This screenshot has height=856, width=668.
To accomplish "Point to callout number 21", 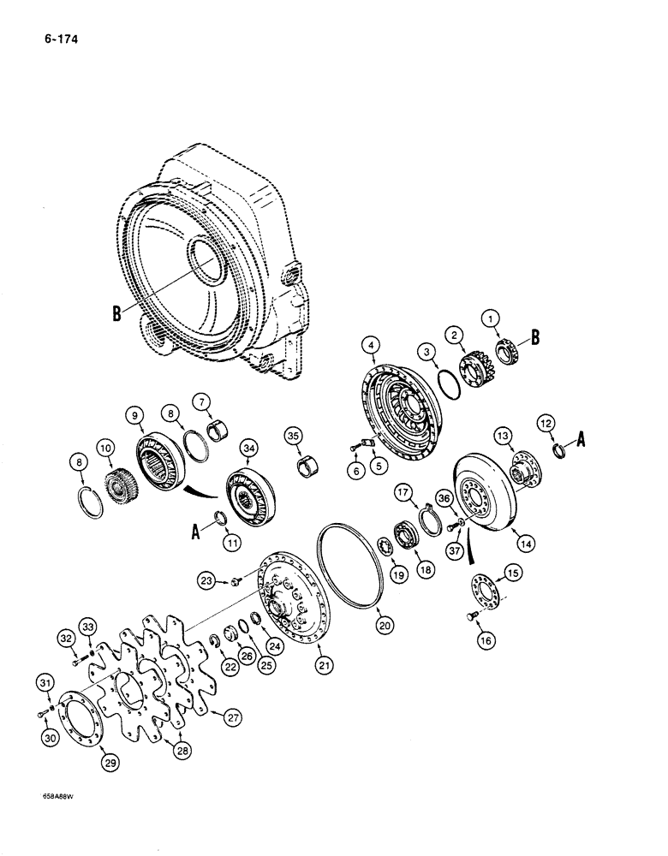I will tap(325, 663).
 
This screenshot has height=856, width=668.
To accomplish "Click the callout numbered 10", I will tap(105, 447).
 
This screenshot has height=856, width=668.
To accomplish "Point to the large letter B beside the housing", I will tap(116, 312).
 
